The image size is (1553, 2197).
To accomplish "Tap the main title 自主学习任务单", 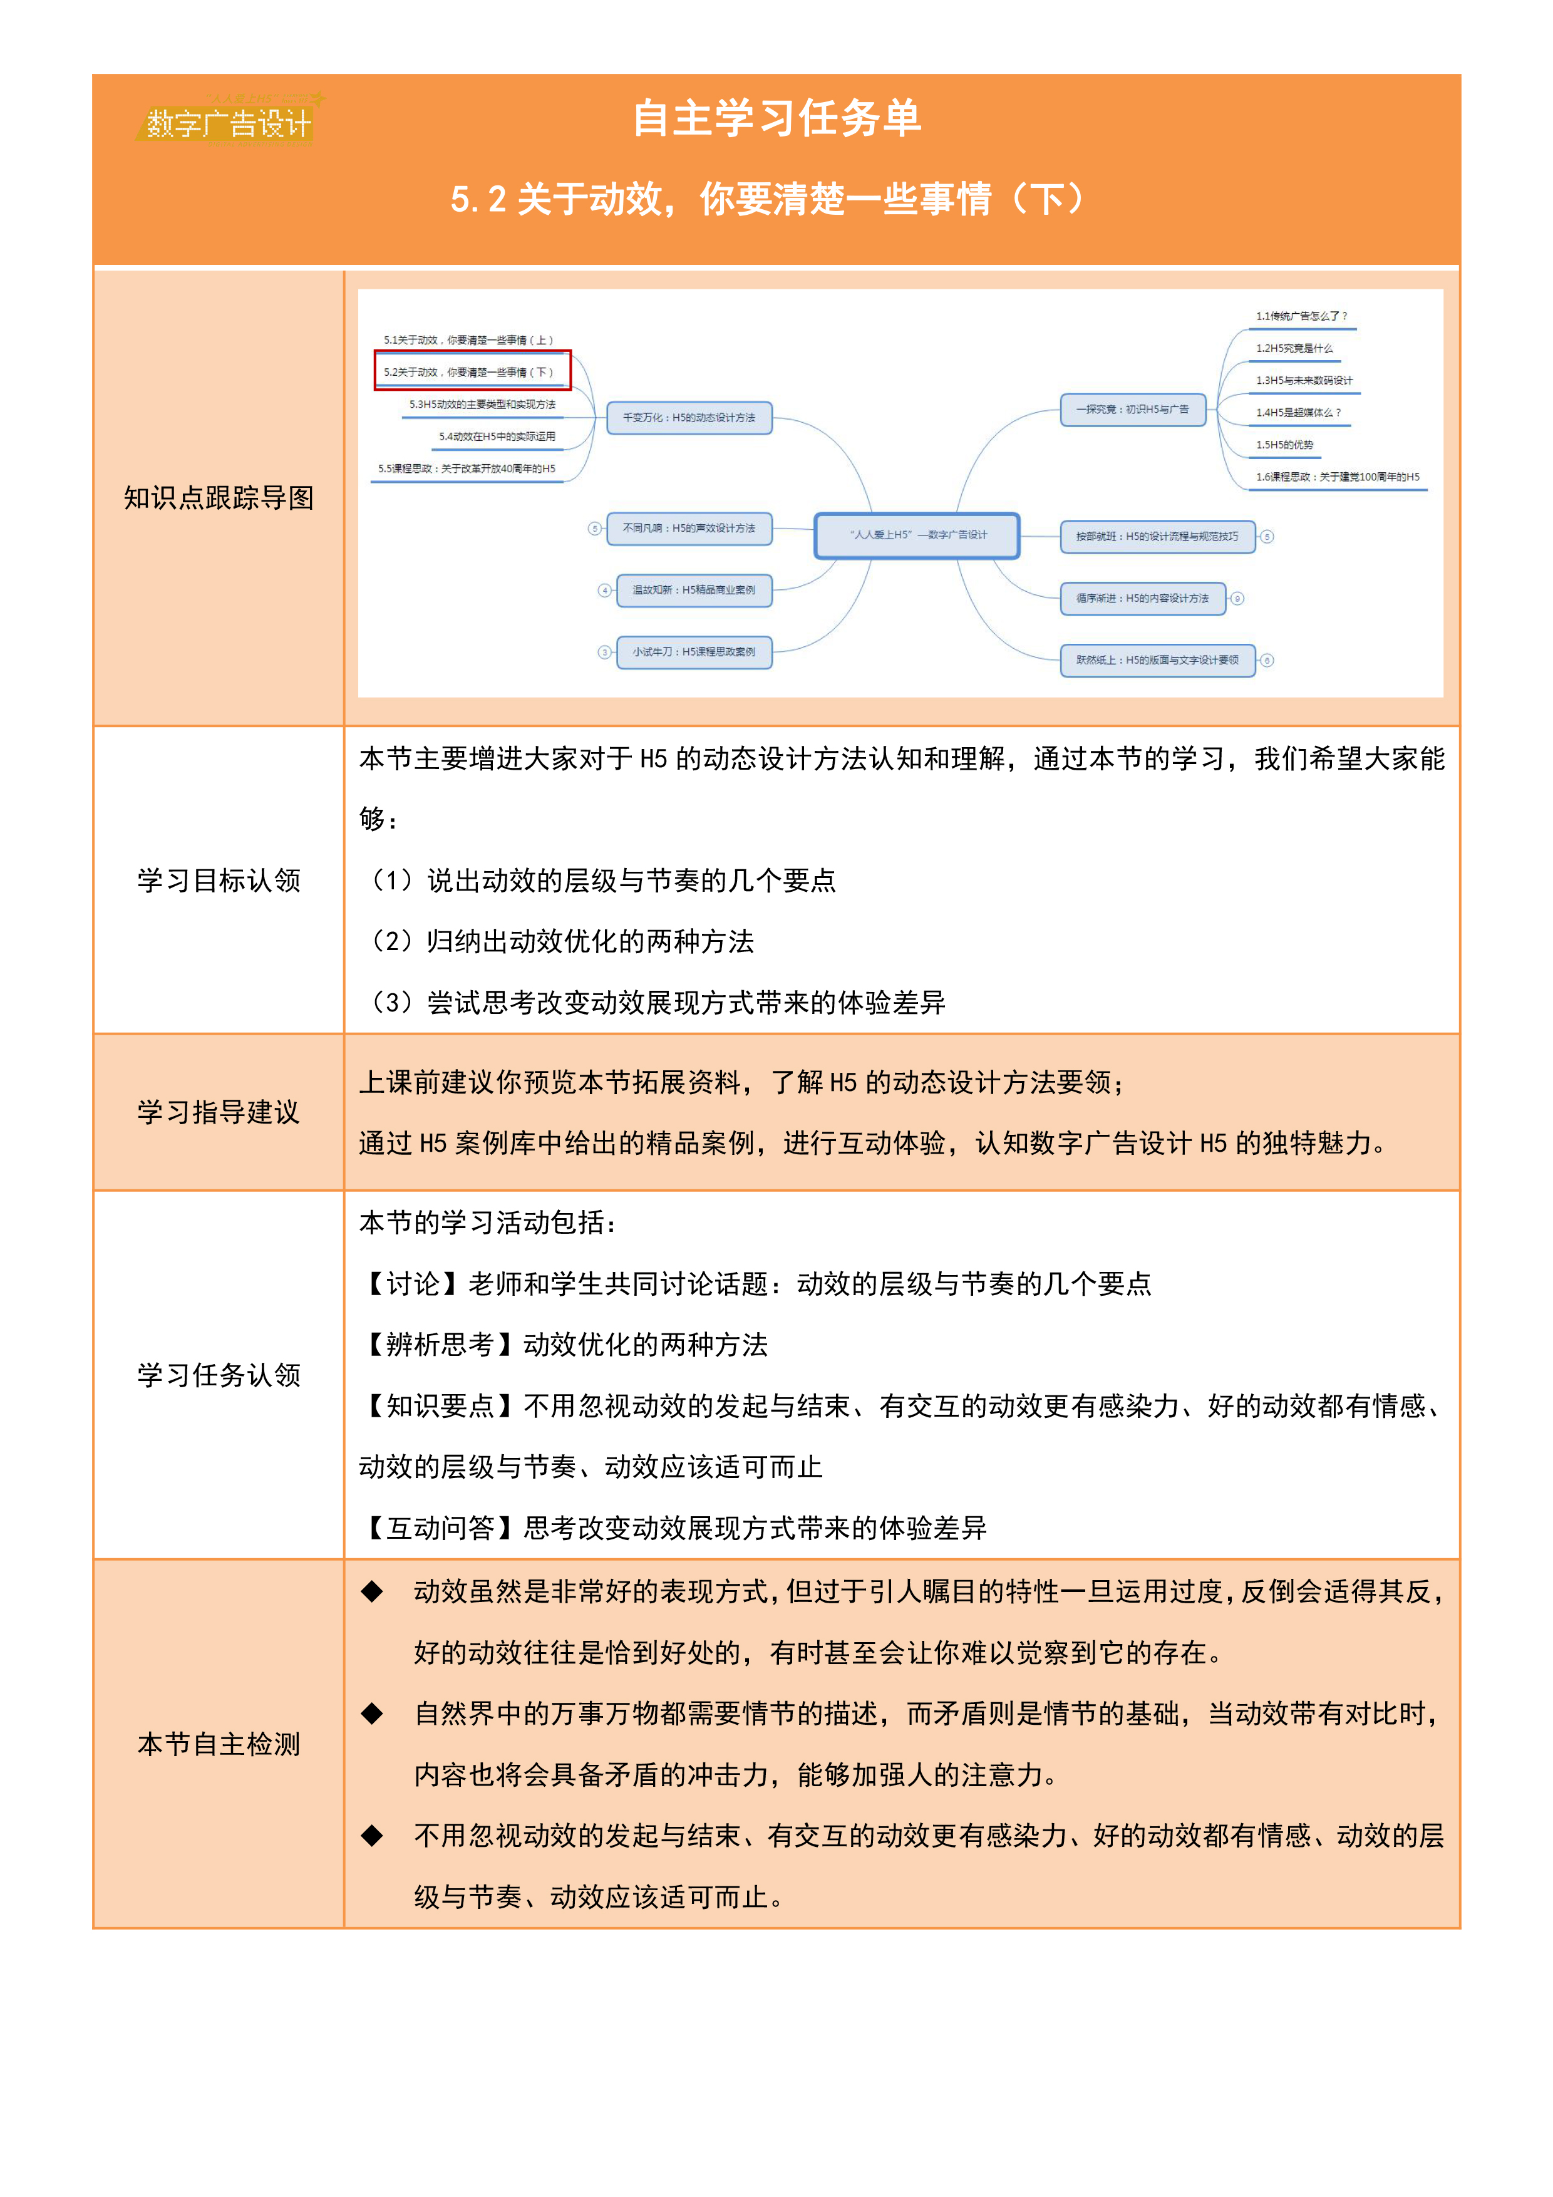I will pyautogui.click(x=776, y=118).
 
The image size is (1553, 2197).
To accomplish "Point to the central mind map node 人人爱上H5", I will pyautogui.click(x=917, y=535).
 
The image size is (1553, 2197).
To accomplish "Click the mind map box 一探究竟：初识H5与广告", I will pyautogui.click(x=1132, y=410).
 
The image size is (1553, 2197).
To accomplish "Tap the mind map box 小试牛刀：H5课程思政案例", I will pyautogui.click(x=694, y=651).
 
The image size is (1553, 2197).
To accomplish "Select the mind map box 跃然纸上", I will pyautogui.click(x=1157, y=660).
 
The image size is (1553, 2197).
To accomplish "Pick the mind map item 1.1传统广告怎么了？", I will pyautogui.click(x=1301, y=316).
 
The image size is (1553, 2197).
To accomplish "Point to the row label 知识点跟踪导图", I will pyautogui.click(x=219, y=497).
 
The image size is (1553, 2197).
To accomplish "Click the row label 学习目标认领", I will pyautogui.click(x=219, y=881).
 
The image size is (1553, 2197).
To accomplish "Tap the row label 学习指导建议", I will pyautogui.click(x=219, y=1112).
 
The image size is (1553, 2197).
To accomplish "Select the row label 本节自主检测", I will pyautogui.click(x=219, y=1744).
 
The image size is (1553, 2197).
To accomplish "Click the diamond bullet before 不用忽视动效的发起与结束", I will pyautogui.click(x=372, y=1835).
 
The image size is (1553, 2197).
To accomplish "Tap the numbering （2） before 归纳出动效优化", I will pyautogui.click(x=391, y=941).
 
